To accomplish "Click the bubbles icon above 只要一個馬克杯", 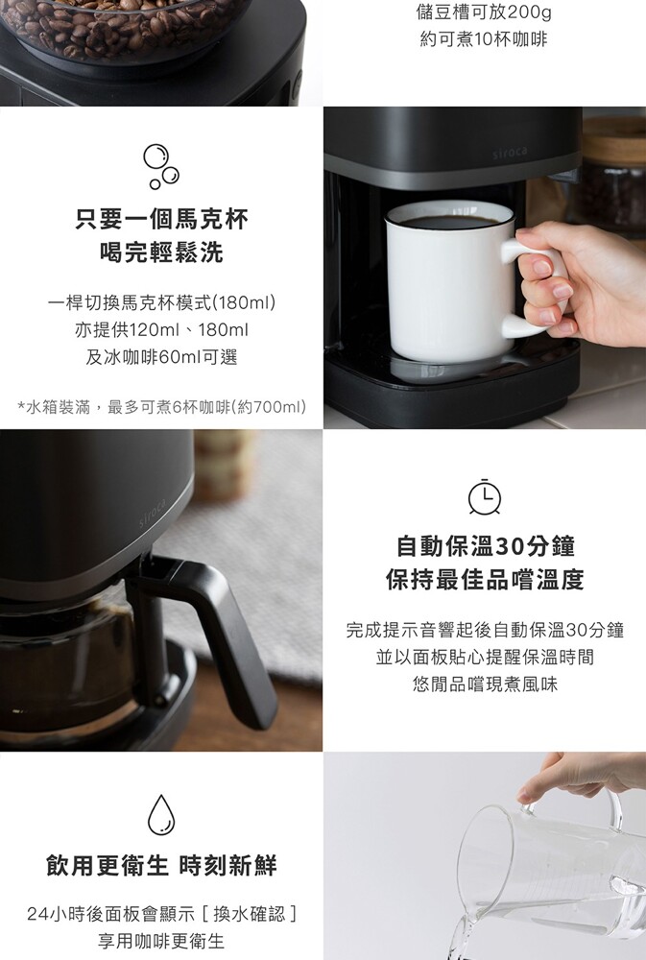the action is pos(161,166).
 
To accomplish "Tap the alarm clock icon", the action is pos(485,496).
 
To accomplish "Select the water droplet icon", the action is pos(161,815).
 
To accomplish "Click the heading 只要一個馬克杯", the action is pos(161,219).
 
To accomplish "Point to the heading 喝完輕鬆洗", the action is pos(161,252).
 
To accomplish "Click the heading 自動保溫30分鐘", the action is pos(485,546).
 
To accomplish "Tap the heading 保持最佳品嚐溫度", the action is pos(485,579).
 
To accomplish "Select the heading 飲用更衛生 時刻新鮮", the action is pos(161,866).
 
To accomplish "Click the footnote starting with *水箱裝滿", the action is pos(161,406).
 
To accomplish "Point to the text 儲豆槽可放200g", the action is pos(484,12).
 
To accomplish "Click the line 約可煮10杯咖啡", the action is pos(484,39).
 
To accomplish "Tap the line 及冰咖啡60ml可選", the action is pos(161,357).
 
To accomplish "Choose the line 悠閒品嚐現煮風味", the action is pos(485,684).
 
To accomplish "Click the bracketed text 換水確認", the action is pos(250,914).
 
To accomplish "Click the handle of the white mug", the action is pos(528,288).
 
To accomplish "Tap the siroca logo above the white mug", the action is pos(510,152).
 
